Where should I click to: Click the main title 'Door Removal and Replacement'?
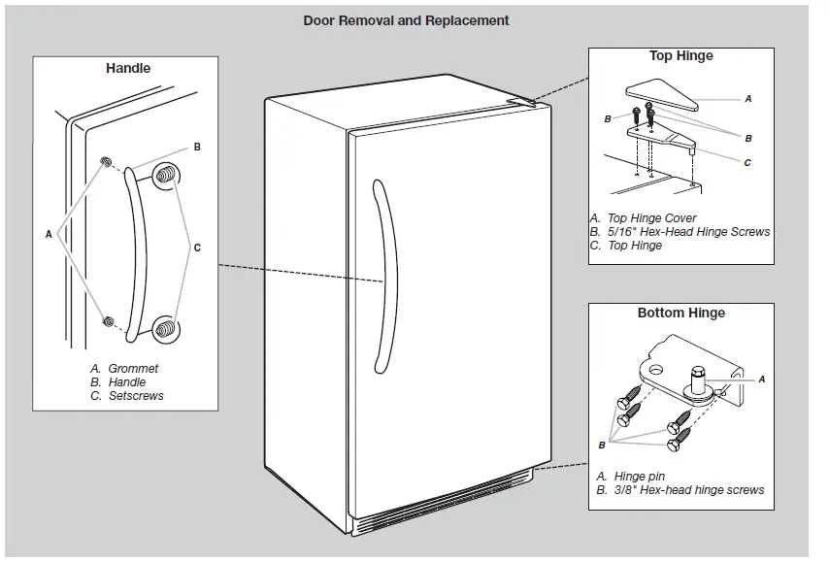pos(406,20)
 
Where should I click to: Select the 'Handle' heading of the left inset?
pos(128,69)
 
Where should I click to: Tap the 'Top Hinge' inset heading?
pos(680,56)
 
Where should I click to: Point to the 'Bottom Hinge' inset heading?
pos(680,314)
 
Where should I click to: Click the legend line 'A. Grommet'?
pos(124,369)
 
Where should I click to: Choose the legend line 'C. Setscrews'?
pos(127,396)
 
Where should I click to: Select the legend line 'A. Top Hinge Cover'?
pos(643,218)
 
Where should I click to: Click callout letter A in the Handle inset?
pos(49,234)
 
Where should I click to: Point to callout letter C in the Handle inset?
pos(197,248)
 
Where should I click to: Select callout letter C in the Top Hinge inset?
pos(747,163)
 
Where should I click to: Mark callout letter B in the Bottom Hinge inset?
pos(602,446)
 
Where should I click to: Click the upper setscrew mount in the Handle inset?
pos(167,176)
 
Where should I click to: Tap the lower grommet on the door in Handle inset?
pos(109,320)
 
